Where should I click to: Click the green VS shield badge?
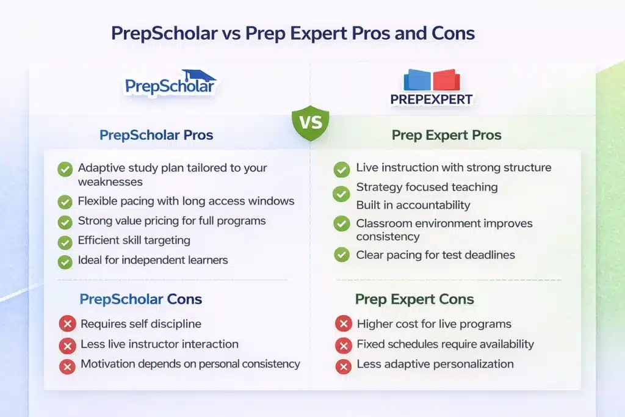click(311, 123)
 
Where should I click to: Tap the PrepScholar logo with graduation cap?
click(171, 82)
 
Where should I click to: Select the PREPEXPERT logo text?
click(432, 100)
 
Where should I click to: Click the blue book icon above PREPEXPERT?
click(417, 80)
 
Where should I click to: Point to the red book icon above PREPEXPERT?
click(446, 80)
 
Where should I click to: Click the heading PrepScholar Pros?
click(156, 135)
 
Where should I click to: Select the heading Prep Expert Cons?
click(414, 299)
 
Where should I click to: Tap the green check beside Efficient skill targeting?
click(65, 242)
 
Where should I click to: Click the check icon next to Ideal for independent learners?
click(65, 262)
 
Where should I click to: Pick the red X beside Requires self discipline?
click(67, 324)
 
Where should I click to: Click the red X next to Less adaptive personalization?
click(344, 366)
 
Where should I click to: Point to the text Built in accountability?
click(413, 205)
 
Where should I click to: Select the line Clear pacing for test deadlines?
click(435, 255)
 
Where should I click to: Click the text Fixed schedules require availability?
click(445, 344)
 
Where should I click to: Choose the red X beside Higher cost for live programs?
click(344, 324)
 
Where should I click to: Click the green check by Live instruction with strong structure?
click(342, 170)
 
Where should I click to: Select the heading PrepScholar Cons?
click(141, 299)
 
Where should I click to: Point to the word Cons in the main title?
click(453, 33)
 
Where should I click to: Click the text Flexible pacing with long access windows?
click(186, 201)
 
